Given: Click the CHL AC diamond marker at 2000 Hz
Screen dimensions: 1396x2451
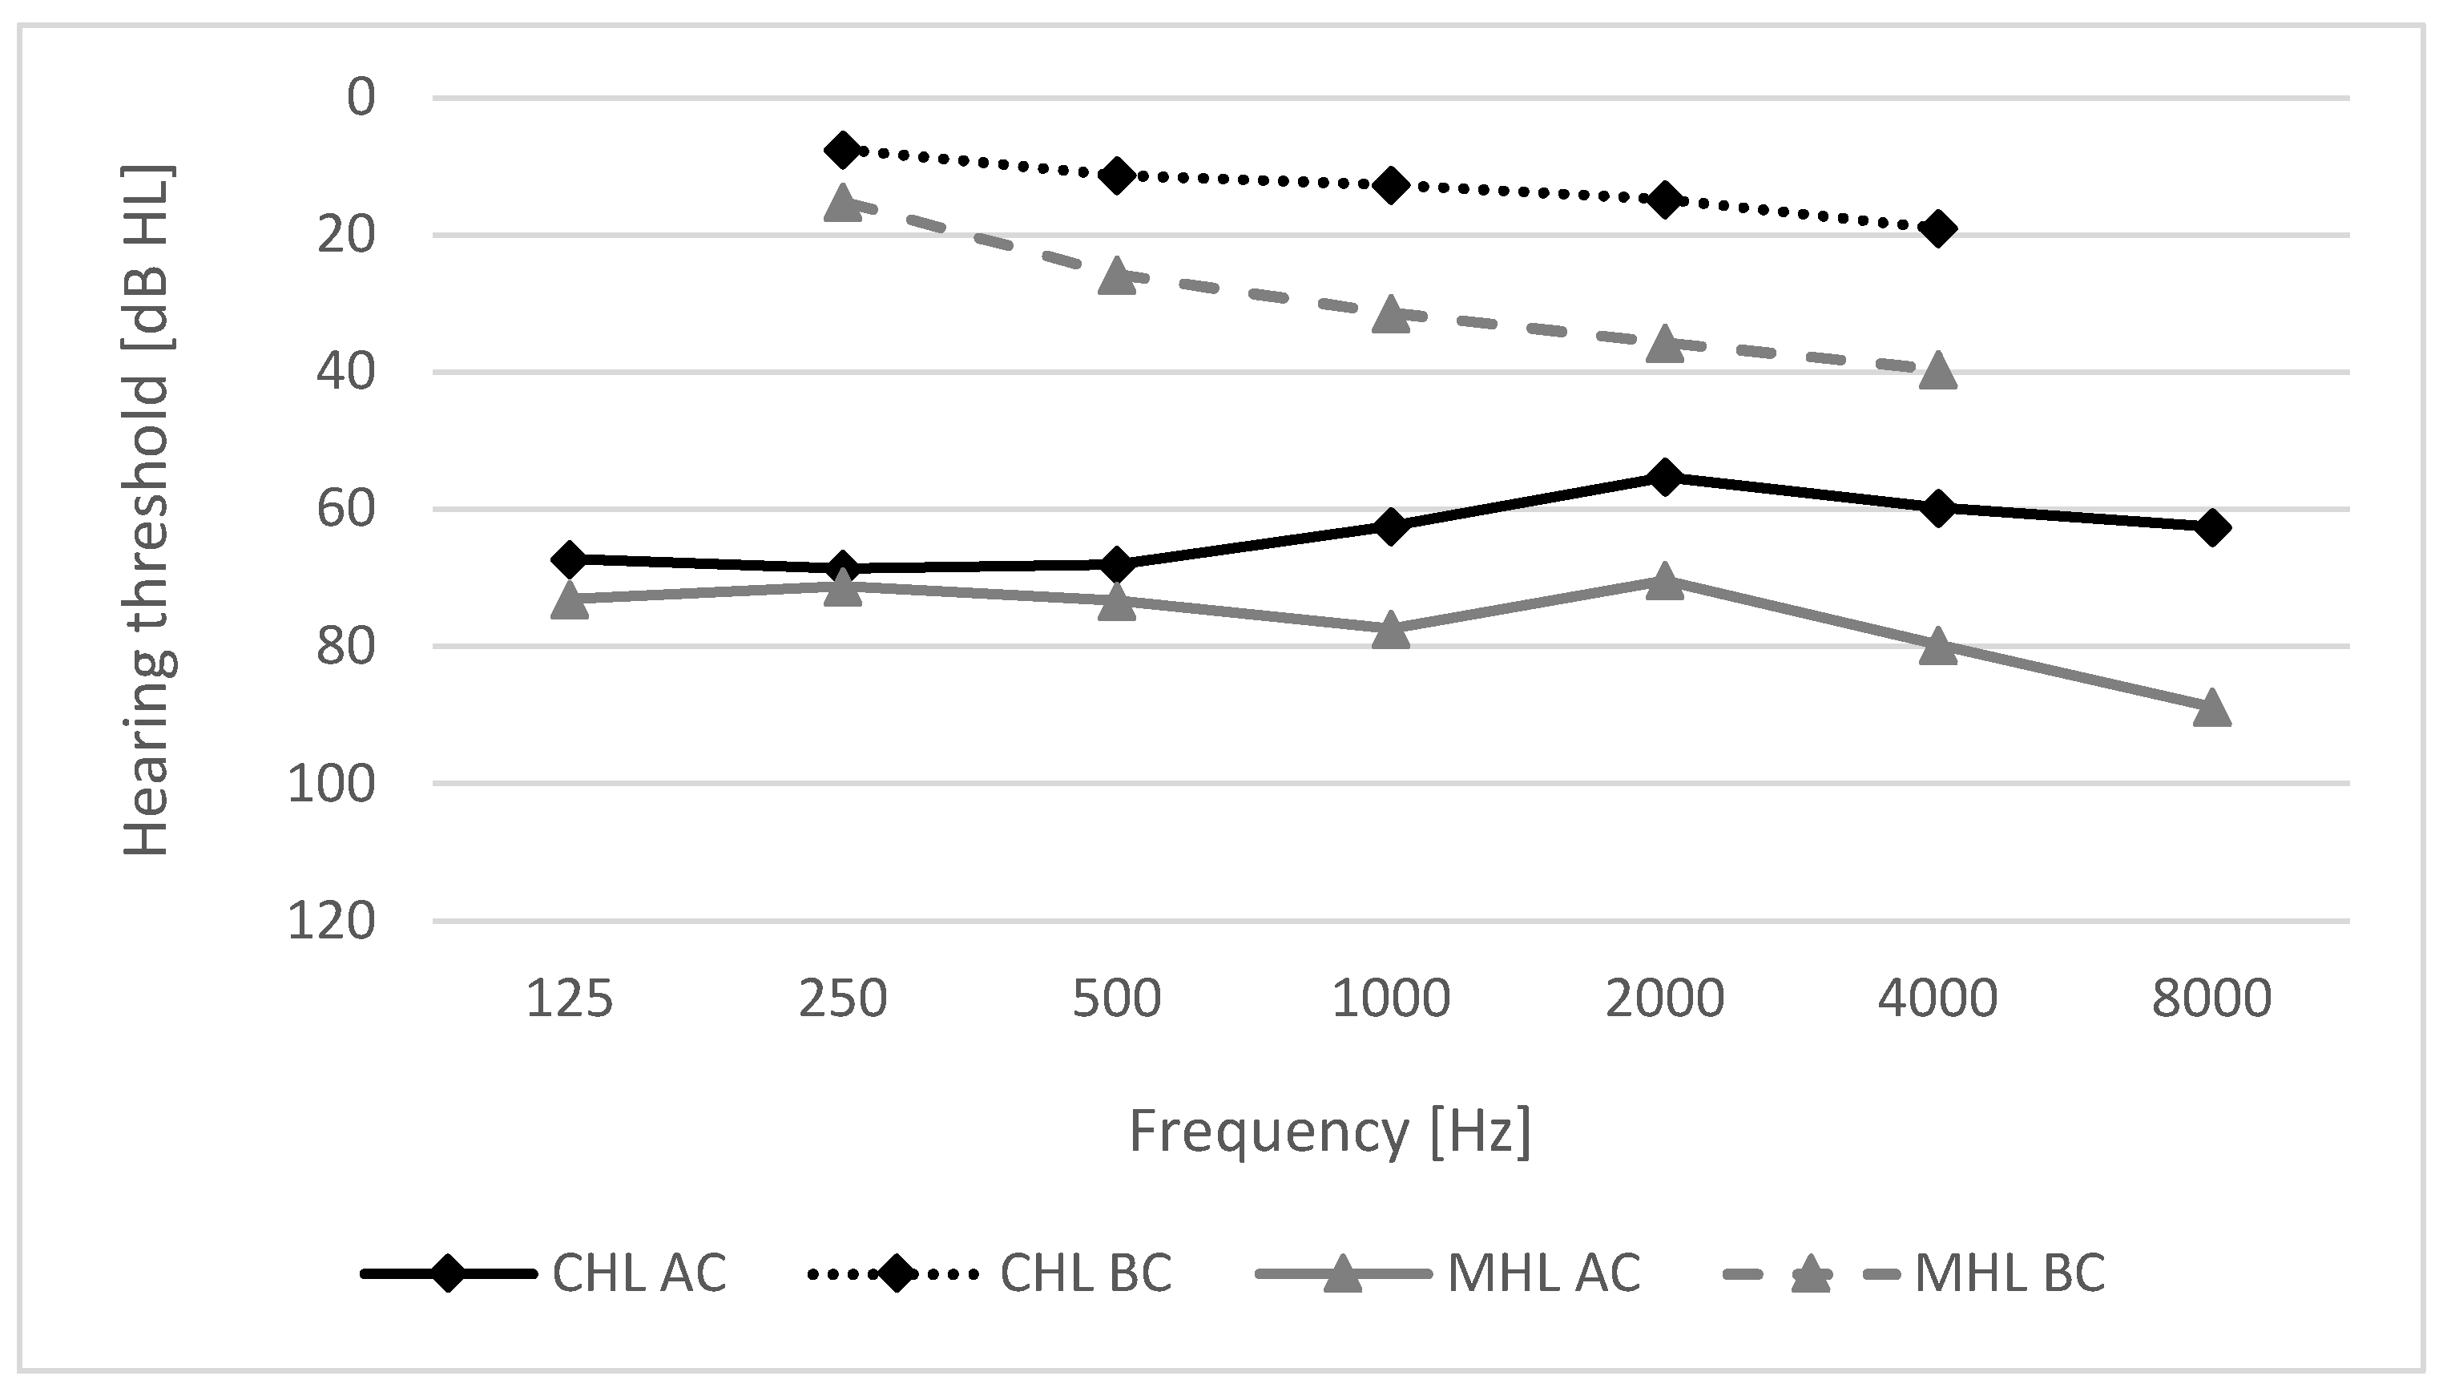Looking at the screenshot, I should pyautogui.click(x=1665, y=477).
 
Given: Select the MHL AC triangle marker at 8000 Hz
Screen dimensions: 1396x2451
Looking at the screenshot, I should pyautogui.click(x=2212, y=708).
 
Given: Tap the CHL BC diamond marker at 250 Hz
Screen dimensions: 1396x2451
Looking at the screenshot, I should pyautogui.click(x=844, y=150).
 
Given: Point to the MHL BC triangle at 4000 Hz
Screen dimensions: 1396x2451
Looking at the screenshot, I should pyautogui.click(x=1938, y=370).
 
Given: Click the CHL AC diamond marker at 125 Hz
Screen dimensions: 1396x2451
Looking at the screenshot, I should pyautogui.click(x=570, y=559).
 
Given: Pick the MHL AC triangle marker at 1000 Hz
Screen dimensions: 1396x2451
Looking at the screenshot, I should pyautogui.click(x=1391, y=631).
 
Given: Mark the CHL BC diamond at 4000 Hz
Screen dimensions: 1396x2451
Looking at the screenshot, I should pyautogui.click(x=1938, y=228).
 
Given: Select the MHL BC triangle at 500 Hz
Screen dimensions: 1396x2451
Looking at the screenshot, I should pyautogui.click(x=1117, y=276).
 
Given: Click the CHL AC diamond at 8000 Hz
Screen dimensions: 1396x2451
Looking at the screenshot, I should pyautogui.click(x=2212, y=527).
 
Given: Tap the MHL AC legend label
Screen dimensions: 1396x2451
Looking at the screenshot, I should pyautogui.click(x=1542, y=1274).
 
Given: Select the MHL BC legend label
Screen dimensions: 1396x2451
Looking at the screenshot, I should pyautogui.click(x=2009, y=1274).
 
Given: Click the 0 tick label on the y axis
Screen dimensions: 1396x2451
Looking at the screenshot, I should pyautogui.click(x=361, y=98).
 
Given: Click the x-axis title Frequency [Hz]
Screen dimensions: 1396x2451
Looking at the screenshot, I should pyautogui.click(x=1329, y=1132).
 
